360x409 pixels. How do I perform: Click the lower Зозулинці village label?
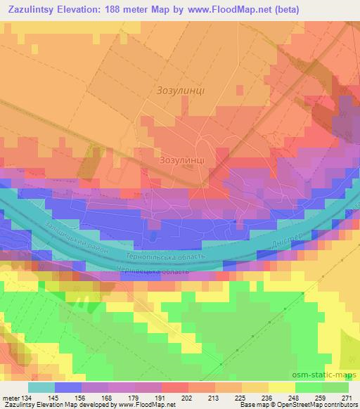pyautogui.click(x=181, y=160)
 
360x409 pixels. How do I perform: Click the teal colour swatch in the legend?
pyautogui.click(x=41, y=387)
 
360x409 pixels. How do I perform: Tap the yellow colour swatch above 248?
pyautogui.click(x=281, y=387)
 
